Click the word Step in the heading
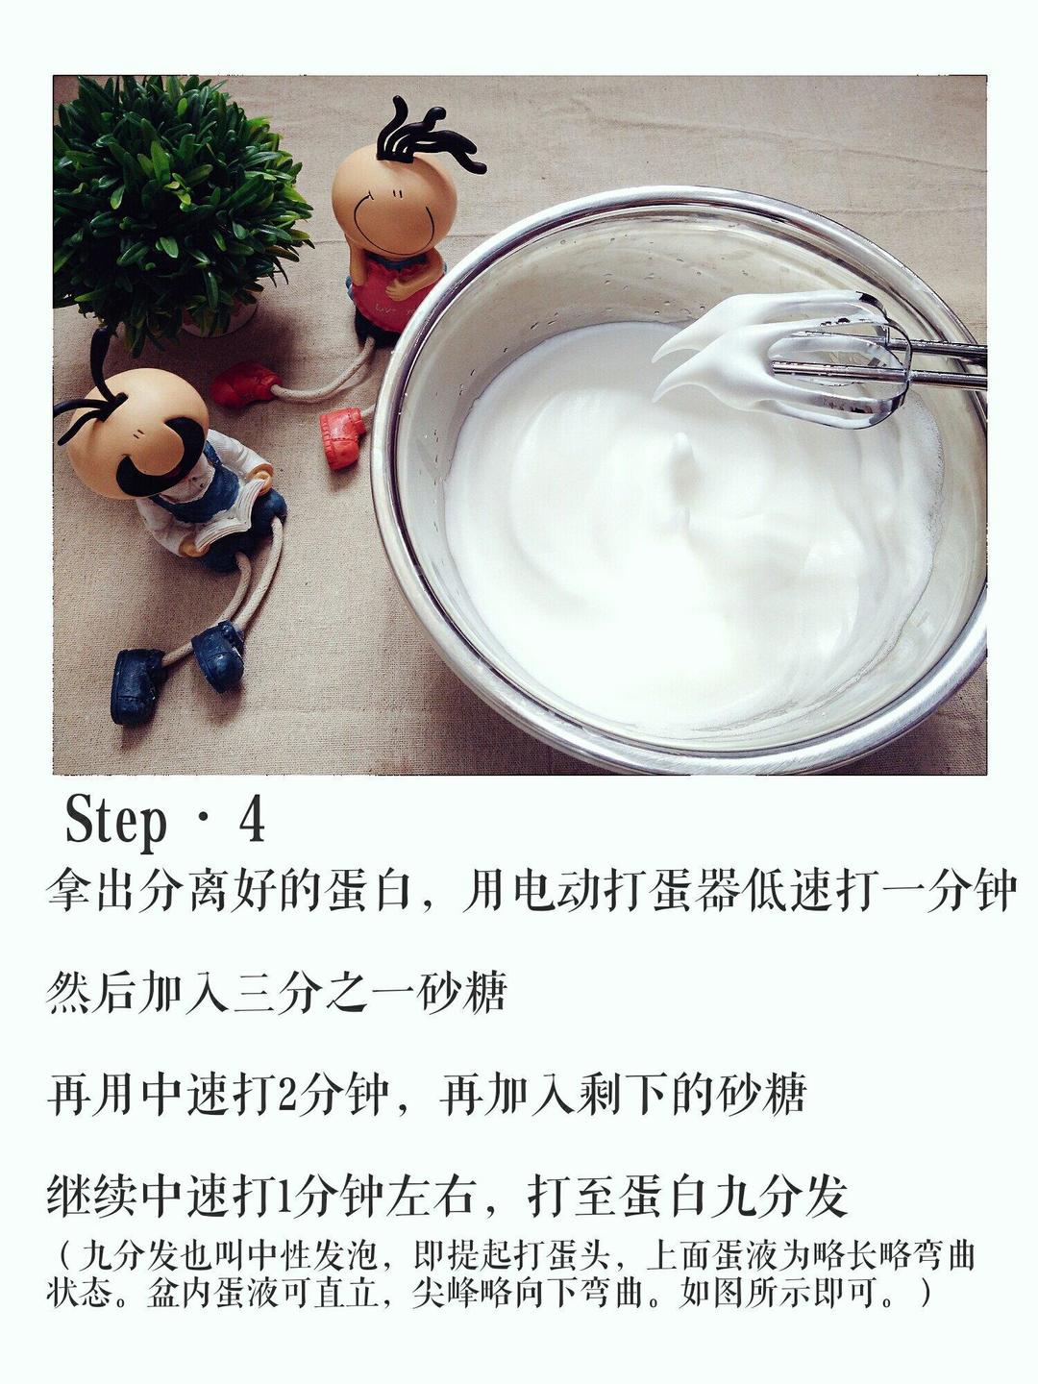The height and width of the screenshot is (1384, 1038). (x=115, y=822)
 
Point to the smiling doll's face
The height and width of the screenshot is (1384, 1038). (x=382, y=207)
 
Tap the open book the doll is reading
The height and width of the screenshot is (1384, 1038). (x=226, y=514)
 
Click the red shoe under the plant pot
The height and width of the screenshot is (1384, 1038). (x=243, y=384)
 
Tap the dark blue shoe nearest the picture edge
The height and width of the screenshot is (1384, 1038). (x=136, y=684)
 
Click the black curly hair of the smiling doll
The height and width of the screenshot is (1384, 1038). (x=423, y=135)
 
